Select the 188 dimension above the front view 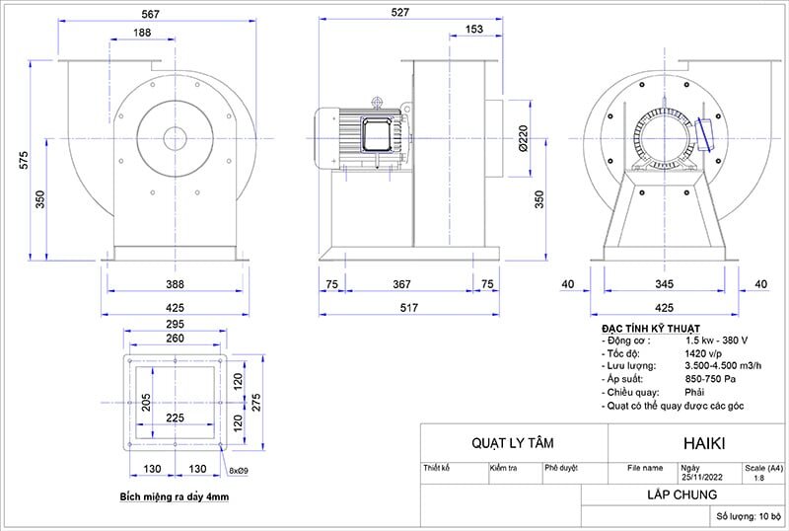(142, 34)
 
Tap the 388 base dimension (175, 284)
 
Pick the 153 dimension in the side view (472, 31)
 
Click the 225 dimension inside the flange (175, 417)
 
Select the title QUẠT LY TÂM (512, 443)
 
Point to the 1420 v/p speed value (702, 351)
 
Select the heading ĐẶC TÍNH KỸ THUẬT (650, 327)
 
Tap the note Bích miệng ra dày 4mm (174, 496)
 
